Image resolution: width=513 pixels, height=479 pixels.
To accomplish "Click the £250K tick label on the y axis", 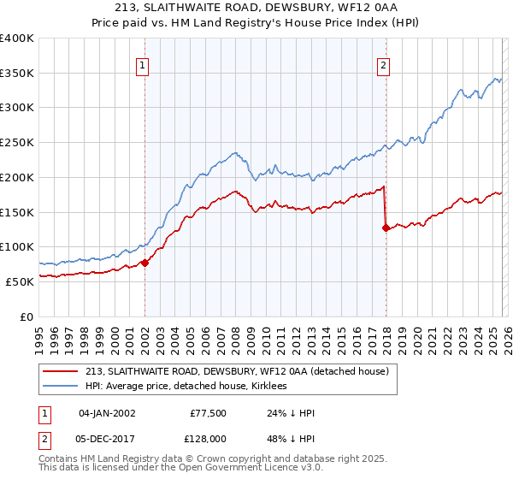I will pyautogui.click(x=16, y=143).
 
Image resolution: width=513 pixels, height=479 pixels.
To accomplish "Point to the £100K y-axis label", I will pyautogui.click(x=16, y=247).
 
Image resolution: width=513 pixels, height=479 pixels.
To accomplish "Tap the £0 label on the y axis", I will pyautogui.click(x=27, y=316).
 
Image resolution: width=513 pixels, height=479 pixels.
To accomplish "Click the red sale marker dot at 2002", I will pyautogui.click(x=144, y=263).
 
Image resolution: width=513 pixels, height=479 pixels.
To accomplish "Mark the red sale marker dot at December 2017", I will pyautogui.click(x=386, y=228).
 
